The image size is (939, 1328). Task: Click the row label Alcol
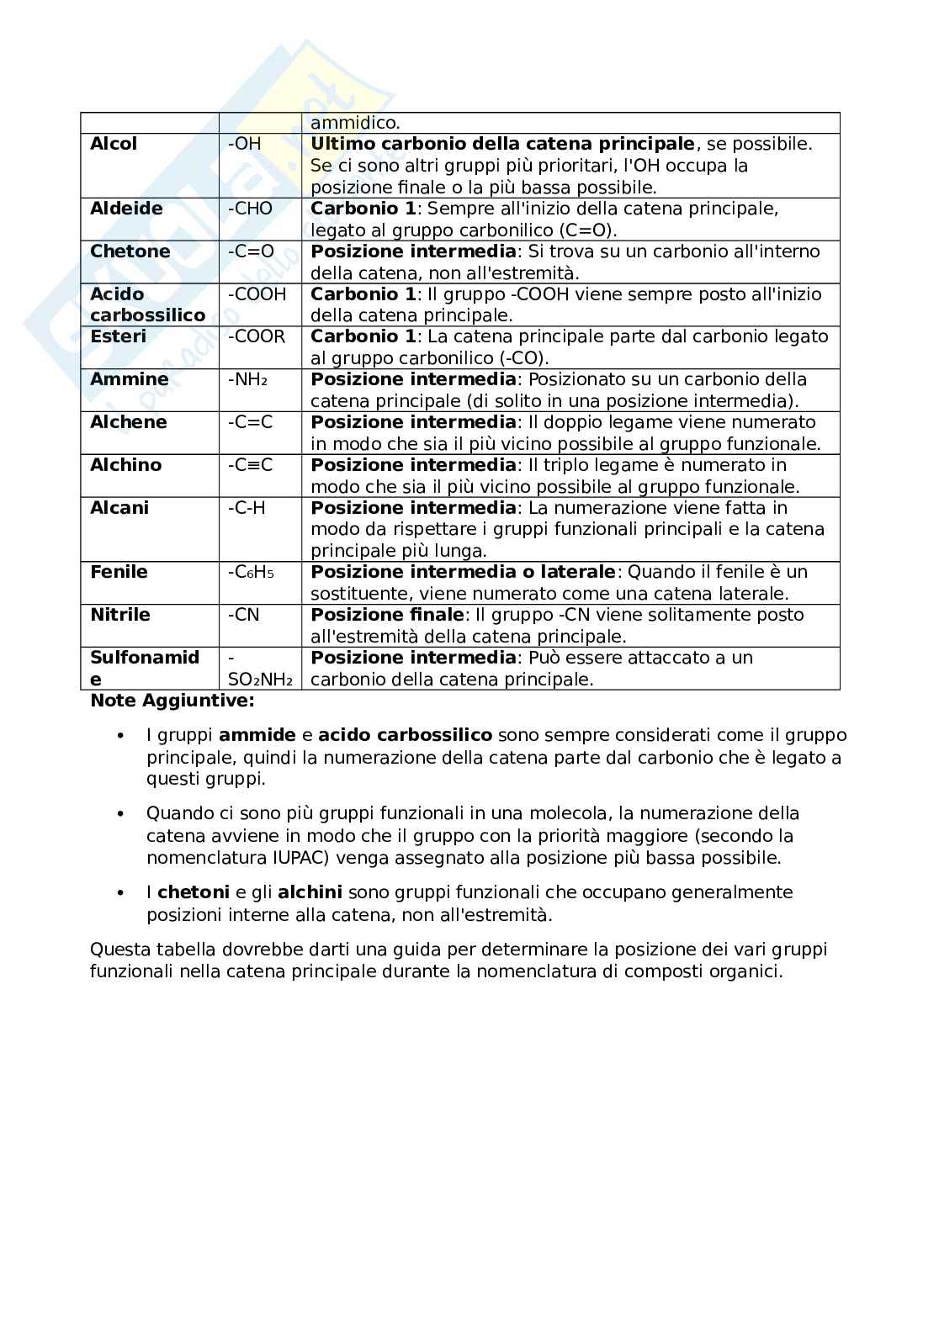(x=114, y=144)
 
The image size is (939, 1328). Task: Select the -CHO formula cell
(x=250, y=209)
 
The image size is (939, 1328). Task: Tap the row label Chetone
(x=130, y=251)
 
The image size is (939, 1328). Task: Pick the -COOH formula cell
(x=257, y=294)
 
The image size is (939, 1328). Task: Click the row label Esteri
(x=118, y=336)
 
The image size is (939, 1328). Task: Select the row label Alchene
(x=128, y=422)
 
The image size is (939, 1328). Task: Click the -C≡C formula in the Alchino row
(x=250, y=465)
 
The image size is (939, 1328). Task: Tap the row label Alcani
(x=119, y=508)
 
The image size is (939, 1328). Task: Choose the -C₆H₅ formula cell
(x=251, y=573)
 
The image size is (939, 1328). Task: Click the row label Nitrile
(x=120, y=615)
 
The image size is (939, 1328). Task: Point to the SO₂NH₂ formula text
(x=260, y=680)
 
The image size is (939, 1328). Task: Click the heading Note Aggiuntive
(x=172, y=701)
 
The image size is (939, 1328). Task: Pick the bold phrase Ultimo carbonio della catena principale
(x=502, y=144)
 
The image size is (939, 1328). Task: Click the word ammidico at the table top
(x=355, y=123)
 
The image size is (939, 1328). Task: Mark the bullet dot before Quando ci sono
(x=120, y=814)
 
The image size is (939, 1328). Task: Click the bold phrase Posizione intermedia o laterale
(x=463, y=572)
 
